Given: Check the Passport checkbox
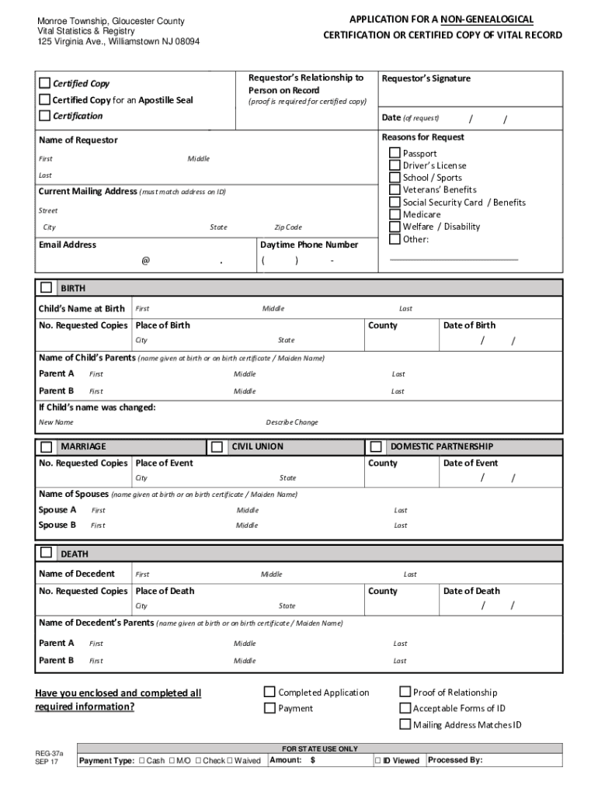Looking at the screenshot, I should [395, 153].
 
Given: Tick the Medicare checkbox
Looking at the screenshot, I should [395, 214].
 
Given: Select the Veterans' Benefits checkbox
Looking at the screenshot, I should [395, 189].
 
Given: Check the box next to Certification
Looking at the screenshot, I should [45, 116].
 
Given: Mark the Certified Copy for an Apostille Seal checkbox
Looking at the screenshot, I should [45, 99].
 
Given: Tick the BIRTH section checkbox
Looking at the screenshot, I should [47, 287].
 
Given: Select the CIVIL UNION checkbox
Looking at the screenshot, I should [217, 446].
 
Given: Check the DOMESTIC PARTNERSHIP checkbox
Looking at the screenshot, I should [376, 446].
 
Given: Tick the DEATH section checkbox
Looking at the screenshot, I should [47, 553].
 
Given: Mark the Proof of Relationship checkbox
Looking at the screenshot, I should [405, 692].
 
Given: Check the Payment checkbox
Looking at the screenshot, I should [269, 708].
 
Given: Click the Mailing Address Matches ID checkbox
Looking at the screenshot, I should [405, 724].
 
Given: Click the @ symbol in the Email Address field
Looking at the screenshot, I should [145, 261].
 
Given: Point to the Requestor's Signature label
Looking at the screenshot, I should [426, 78].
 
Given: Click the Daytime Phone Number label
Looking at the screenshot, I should [309, 245].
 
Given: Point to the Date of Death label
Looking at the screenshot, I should [471, 591].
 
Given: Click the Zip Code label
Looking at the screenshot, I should [287, 227].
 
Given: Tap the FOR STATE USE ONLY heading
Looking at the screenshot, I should [320, 748].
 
